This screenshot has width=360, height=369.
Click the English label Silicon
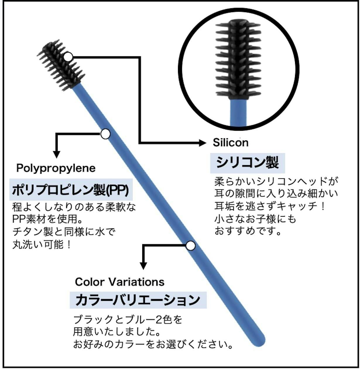pyautogui.click(x=230, y=143)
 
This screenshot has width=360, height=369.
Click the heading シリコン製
pyautogui.click(x=248, y=162)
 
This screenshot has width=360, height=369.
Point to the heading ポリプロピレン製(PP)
pyautogui.click(x=71, y=190)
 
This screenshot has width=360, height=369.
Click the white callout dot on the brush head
pyautogui.click(x=68, y=57)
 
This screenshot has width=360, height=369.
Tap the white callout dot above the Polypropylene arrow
pyautogui.click(x=105, y=134)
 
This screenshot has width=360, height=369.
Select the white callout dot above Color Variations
pyautogui.click(x=190, y=246)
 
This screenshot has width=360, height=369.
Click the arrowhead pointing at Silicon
pyautogui.click(x=202, y=143)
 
